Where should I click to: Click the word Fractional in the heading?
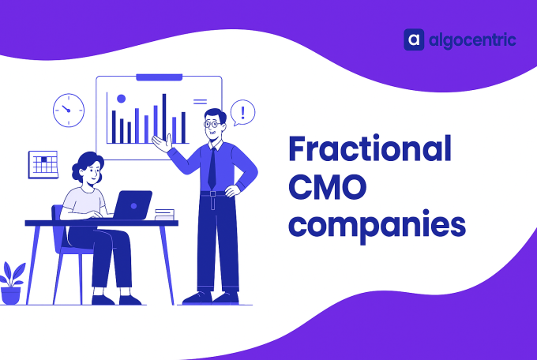click(x=370, y=149)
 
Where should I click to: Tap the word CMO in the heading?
click(x=326, y=188)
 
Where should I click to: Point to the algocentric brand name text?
click(x=472, y=39)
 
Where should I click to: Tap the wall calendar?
click(x=43, y=163)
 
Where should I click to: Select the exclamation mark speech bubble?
click(x=243, y=111)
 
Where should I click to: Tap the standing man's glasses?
click(x=212, y=124)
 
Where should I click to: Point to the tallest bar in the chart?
click(x=164, y=118)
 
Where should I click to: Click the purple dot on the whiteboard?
click(x=121, y=99)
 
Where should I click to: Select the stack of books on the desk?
click(x=164, y=213)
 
